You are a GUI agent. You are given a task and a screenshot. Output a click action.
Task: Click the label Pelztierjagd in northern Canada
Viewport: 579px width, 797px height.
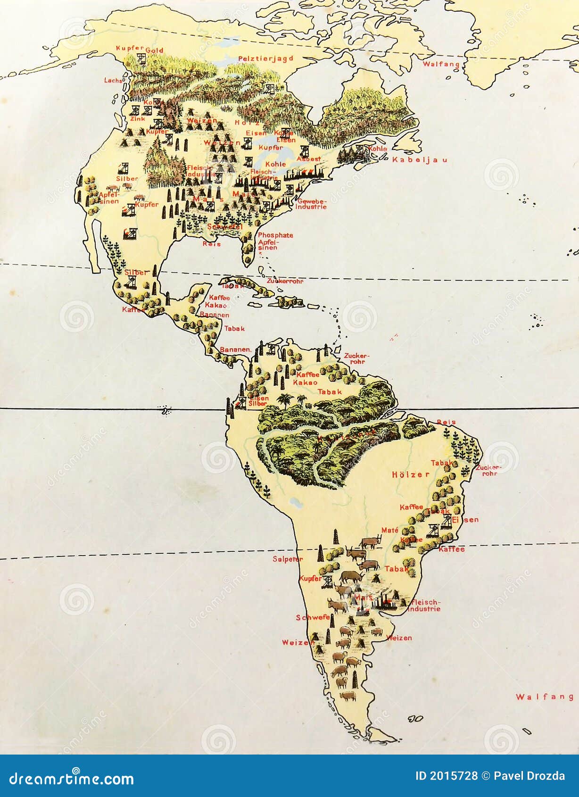pyautogui.click(x=265, y=58)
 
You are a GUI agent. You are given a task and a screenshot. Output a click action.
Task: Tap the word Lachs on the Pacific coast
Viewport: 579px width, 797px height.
pyautogui.click(x=113, y=81)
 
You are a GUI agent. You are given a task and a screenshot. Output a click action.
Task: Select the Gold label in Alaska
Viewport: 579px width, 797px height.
pyautogui.click(x=154, y=50)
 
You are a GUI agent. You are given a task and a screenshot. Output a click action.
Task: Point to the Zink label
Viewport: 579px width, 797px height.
pyautogui.click(x=138, y=119)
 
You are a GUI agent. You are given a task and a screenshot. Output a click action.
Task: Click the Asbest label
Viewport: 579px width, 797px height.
pyautogui.click(x=309, y=159)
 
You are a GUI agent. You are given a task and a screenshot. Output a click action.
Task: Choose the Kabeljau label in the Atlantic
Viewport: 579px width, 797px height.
pyautogui.click(x=420, y=160)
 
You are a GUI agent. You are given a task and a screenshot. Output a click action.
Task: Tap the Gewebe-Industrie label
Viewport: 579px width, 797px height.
pyautogui.click(x=311, y=204)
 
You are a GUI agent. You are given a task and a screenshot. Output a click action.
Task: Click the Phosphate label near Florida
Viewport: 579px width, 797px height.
pyautogui.click(x=275, y=235)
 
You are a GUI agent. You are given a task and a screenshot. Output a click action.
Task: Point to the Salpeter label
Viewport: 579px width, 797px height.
pyautogui.click(x=288, y=559)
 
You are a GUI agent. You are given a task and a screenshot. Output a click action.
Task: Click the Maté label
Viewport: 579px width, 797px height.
pyautogui.click(x=390, y=530)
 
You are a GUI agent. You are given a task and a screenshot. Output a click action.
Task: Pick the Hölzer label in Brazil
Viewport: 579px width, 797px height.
pyautogui.click(x=411, y=474)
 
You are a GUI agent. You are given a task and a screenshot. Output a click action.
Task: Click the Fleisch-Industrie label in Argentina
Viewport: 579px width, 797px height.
pyautogui.click(x=425, y=605)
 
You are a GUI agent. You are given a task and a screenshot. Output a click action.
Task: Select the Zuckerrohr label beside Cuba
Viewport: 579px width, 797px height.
pyautogui.click(x=285, y=281)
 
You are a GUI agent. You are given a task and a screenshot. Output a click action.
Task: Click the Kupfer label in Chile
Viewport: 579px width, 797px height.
pyautogui.click(x=310, y=578)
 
